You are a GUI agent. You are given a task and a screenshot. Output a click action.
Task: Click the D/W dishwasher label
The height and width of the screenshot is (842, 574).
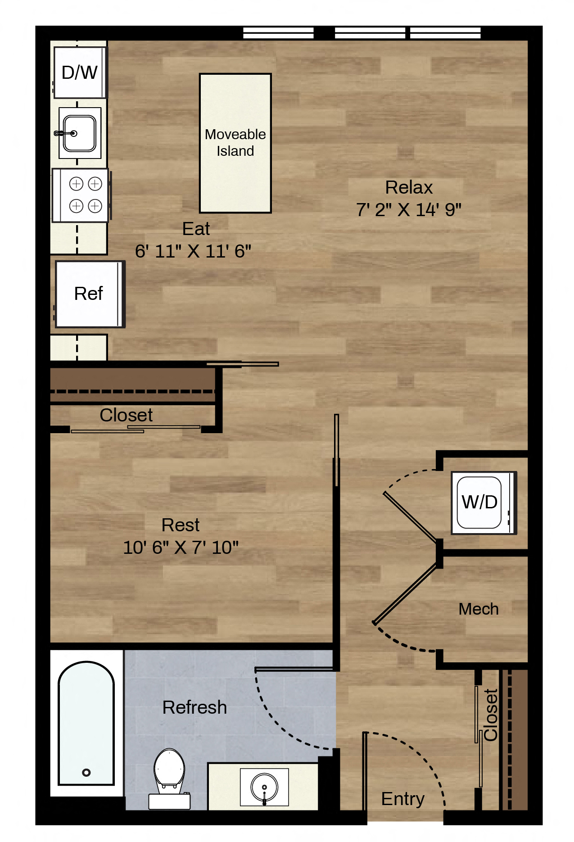coord(79,72)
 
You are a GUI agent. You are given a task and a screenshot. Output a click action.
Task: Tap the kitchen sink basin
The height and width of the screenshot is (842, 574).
coord(80,133)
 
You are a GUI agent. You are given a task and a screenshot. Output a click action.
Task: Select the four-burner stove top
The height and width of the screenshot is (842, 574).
coord(81,195)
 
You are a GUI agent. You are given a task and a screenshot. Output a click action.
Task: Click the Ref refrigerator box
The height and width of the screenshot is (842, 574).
coord(90,294)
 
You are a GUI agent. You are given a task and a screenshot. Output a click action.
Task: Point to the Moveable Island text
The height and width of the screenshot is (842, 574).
coord(235,142)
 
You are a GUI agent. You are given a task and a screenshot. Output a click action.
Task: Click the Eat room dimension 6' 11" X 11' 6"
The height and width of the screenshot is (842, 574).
coord(193,251)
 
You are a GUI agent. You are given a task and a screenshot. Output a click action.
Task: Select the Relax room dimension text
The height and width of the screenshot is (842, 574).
coord(409,209)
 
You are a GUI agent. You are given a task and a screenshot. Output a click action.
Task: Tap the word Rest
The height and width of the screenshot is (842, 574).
coord(181,525)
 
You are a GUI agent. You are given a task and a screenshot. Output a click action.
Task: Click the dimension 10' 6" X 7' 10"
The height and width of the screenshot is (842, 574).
coord(181,548)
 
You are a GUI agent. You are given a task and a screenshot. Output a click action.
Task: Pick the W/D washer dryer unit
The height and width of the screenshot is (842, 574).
coord(484,502)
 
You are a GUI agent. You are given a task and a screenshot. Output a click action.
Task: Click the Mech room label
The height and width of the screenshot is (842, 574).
coord(479,609)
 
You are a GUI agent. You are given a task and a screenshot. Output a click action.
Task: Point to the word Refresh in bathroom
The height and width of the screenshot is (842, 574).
coord(194,707)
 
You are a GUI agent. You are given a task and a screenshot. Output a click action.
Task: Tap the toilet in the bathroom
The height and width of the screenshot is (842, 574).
coord(169,779)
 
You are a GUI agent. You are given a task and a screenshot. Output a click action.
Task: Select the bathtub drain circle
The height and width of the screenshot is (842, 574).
coord(86,773)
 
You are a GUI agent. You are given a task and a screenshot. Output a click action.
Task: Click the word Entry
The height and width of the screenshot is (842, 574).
coord(403,799)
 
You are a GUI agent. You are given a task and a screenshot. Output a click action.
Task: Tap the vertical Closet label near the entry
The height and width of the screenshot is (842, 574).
coord(491,715)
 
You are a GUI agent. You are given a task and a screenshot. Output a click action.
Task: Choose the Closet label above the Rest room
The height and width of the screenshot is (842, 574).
coord(126,415)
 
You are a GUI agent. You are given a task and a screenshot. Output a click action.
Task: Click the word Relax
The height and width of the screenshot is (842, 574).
coord(409,187)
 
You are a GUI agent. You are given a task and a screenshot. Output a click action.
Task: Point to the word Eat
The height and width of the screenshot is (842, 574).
coord(196,229)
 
